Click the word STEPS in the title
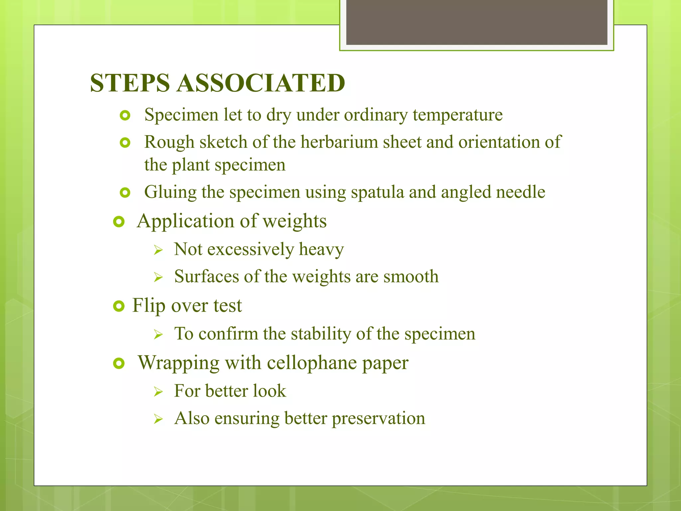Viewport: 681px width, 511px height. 130,83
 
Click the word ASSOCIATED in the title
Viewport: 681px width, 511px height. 261,83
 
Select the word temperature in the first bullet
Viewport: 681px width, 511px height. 458,115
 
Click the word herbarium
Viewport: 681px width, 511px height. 339,142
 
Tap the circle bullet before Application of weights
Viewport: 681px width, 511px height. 119,222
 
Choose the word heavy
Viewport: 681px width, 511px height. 321,250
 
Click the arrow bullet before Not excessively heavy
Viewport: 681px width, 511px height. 158,250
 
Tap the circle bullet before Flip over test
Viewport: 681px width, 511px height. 119,306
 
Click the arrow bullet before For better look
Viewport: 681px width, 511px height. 158,392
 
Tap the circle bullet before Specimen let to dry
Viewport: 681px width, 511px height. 125,116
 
